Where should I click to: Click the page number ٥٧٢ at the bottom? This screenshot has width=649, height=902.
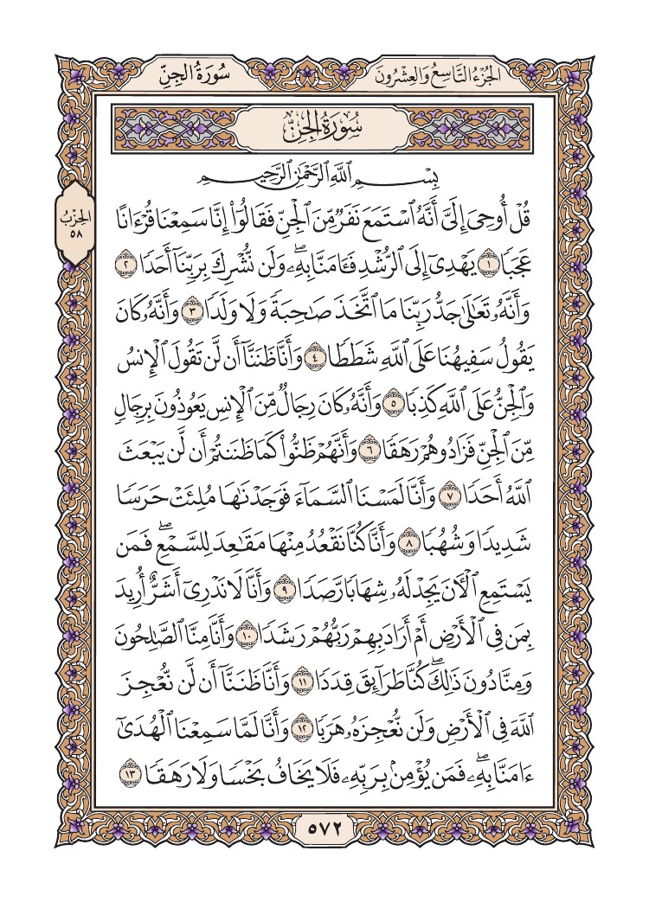[324, 828]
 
